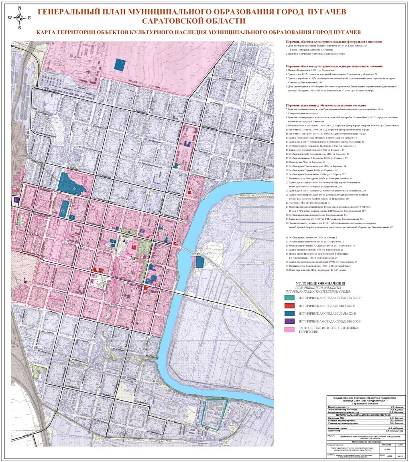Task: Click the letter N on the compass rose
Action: coord(19,8)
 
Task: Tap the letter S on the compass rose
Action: coord(19,28)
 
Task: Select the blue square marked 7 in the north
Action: coord(120,65)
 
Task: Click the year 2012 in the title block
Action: coord(400,456)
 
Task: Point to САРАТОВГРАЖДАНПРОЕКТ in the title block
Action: coord(366,400)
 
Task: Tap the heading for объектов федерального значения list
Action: coord(334,41)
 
